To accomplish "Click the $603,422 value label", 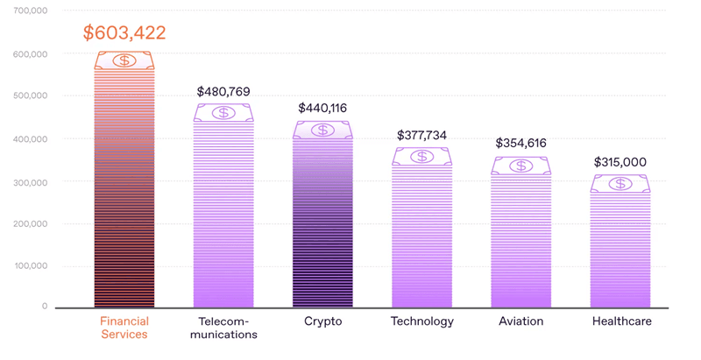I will click(x=124, y=33).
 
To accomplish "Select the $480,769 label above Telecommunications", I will click(x=224, y=91).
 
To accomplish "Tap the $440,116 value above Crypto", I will click(x=322, y=108).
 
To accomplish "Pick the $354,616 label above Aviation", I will click(x=521, y=143).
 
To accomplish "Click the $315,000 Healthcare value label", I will click(x=620, y=162).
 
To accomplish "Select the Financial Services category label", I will click(x=124, y=327).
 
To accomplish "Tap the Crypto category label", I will click(x=322, y=321).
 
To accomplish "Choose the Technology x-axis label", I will click(x=422, y=321).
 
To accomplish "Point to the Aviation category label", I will click(x=521, y=321).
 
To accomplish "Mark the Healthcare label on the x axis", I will click(x=621, y=321).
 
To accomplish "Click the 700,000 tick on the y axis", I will click(x=31, y=11).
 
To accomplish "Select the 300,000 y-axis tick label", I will click(x=31, y=180).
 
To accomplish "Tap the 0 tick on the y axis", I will click(x=44, y=307).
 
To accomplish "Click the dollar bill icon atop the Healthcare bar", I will click(x=620, y=183).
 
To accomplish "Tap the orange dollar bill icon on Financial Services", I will click(x=124, y=60).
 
